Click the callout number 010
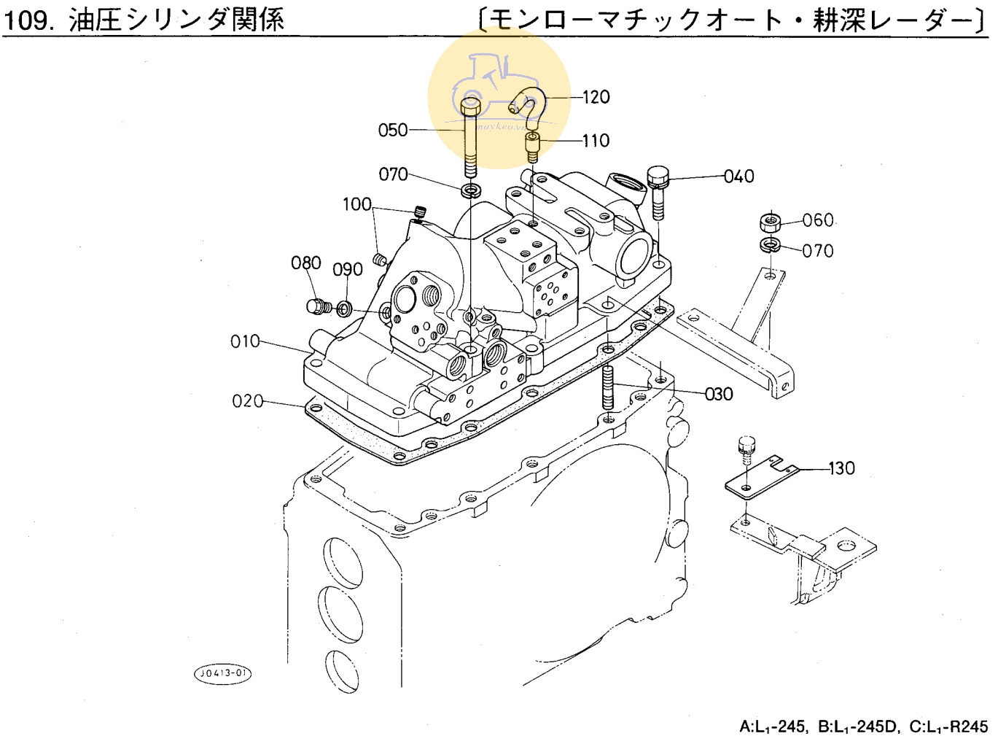tap(245, 341)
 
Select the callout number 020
tap(247, 401)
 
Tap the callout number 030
tap(719, 395)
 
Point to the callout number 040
tap(739, 177)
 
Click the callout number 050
tap(393, 131)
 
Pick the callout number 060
tap(818, 220)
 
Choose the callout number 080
tap(306, 263)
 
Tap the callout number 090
tap(348, 270)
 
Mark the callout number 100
tap(357, 205)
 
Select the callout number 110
tap(596, 141)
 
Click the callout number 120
tap(596, 97)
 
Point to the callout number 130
tap(842, 468)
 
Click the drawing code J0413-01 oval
tap(222, 673)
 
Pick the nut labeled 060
tap(770, 221)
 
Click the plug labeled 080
tap(316, 306)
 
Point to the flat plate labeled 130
tap(758, 478)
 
